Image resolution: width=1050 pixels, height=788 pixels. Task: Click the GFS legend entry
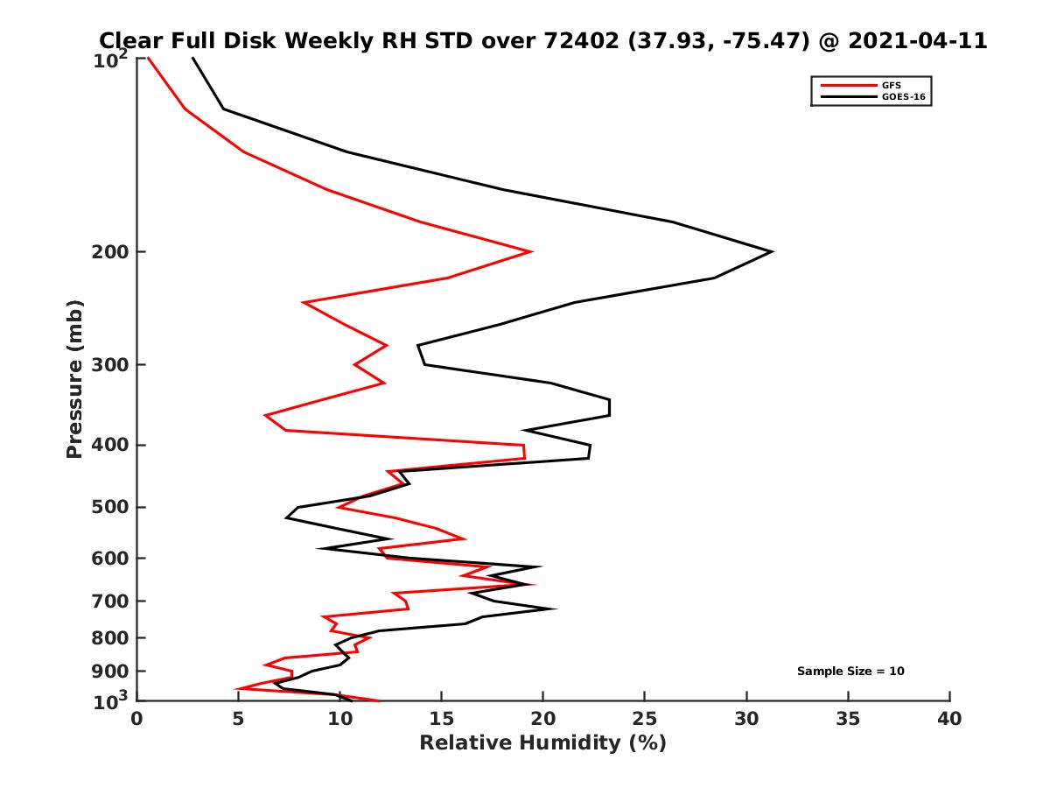[892, 85]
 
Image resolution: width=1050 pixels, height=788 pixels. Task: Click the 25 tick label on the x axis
[645, 720]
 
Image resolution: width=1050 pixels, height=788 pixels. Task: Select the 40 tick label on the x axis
[949, 720]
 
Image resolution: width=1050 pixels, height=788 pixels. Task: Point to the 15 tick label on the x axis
[442, 720]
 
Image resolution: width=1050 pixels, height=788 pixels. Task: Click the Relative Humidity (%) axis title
[542, 743]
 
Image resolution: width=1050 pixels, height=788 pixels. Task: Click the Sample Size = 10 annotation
[850, 672]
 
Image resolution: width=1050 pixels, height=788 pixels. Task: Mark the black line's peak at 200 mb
[771, 252]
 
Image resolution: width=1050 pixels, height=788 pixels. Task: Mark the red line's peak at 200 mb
[531, 252]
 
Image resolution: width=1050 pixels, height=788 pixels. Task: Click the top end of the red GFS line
[148, 59]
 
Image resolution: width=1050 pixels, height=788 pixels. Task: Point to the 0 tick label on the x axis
[137, 720]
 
